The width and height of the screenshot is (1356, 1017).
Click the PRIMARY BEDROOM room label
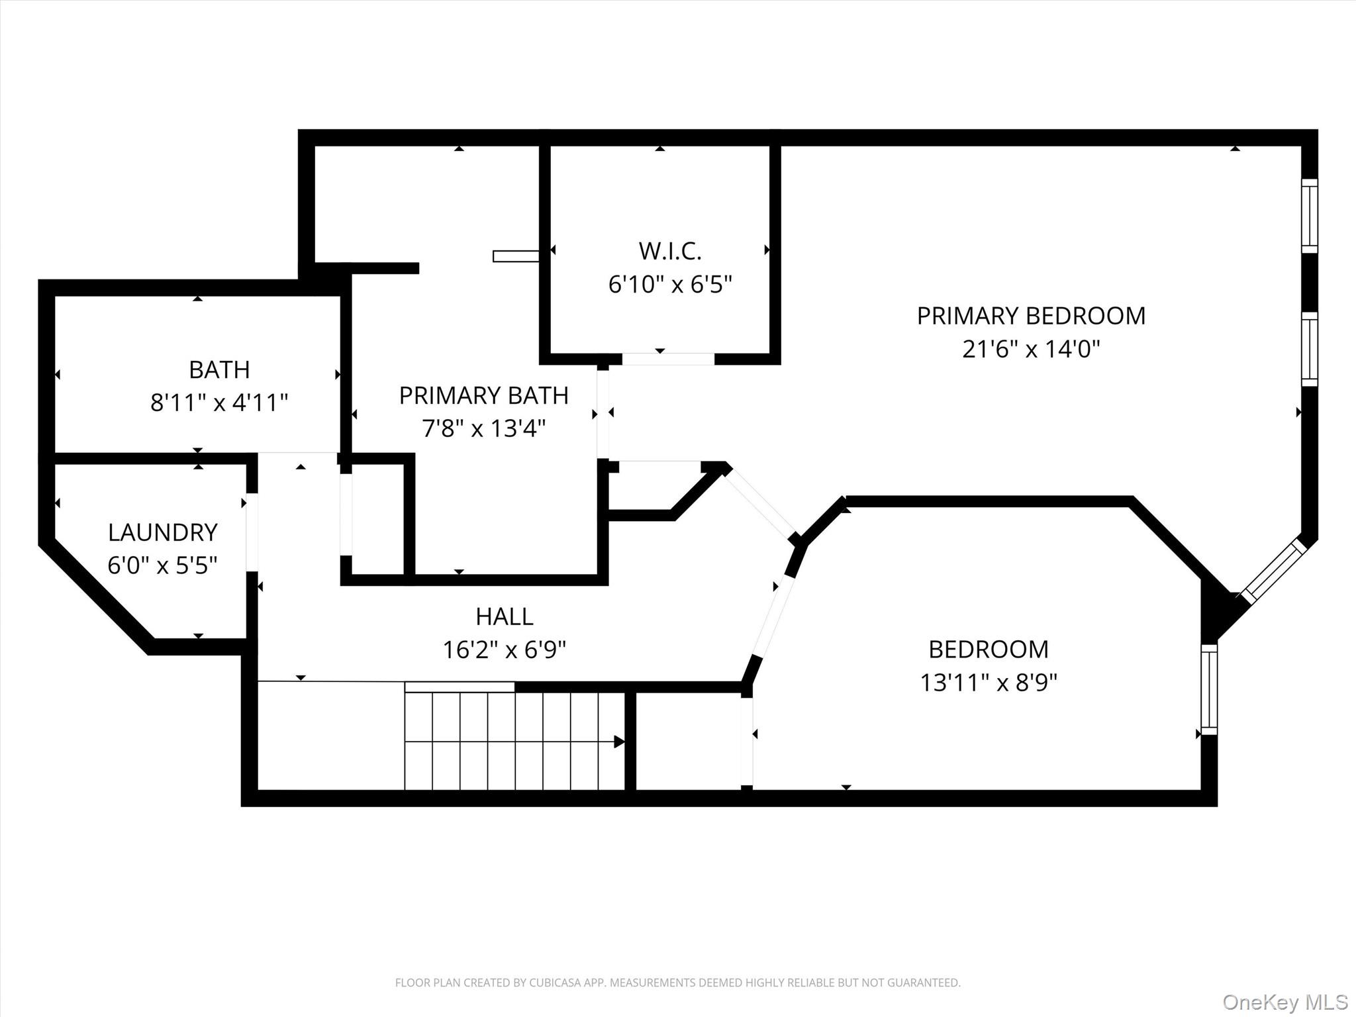[1031, 316]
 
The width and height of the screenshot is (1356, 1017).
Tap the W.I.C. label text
[670, 251]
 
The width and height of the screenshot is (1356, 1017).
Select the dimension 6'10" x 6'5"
[670, 285]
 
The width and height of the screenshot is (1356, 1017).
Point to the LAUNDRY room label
[163, 532]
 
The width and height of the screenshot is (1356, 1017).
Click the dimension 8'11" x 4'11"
[219, 403]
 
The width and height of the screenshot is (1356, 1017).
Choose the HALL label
[505, 616]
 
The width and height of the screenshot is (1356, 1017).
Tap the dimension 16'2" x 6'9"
[505, 650]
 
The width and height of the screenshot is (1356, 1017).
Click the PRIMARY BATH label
[484, 395]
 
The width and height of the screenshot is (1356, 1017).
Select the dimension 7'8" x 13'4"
[484, 429]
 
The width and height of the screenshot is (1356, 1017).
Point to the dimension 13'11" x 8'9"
[989, 683]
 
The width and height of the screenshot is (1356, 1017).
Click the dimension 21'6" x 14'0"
[1031, 349]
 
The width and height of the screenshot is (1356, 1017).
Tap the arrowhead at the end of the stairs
[619, 742]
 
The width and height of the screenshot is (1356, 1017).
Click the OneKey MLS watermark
[1285, 1002]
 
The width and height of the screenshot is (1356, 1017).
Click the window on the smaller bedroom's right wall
[1209, 689]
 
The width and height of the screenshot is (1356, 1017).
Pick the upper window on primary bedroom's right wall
[1310, 216]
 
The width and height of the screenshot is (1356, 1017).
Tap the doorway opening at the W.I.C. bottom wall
[668, 359]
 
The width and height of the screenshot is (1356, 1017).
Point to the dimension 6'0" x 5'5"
[163, 566]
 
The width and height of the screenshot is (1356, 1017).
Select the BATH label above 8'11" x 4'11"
[219, 369]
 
